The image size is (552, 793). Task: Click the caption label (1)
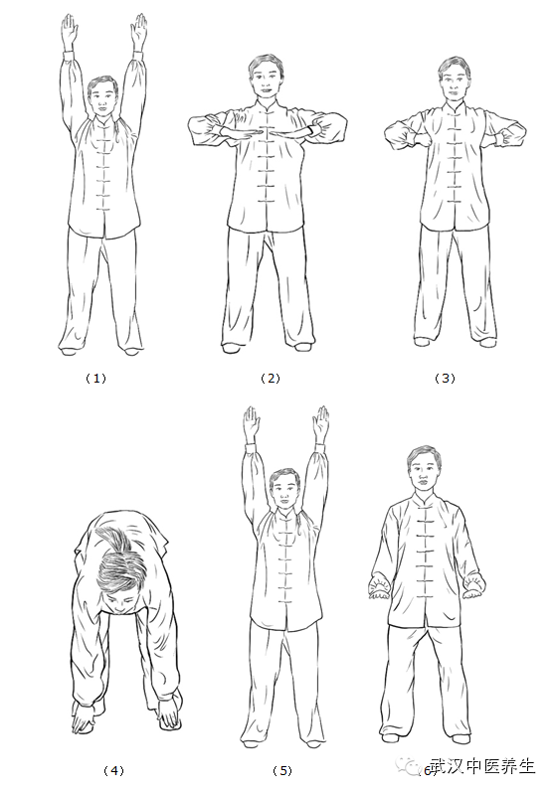pyautogui.click(x=95, y=379)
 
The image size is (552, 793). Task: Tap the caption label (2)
pyautogui.click(x=271, y=379)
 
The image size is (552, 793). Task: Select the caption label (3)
pyautogui.click(x=445, y=379)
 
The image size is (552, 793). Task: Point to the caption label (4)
pyautogui.click(x=113, y=771)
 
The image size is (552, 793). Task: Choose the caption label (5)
pyautogui.click(x=282, y=771)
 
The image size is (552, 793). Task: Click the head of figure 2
pyautogui.click(x=265, y=77)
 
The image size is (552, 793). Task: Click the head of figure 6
pyautogui.click(x=423, y=469)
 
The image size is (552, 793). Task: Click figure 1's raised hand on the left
pyautogui.click(x=70, y=32)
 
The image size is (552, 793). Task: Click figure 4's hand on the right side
pyautogui.click(x=169, y=715)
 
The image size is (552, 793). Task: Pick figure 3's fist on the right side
pyautogui.click(x=503, y=138)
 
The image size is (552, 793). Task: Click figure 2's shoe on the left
pyautogui.click(x=232, y=348)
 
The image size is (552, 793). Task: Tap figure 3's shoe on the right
pyautogui.click(x=486, y=343)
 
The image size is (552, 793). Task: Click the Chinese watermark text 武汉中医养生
pyautogui.click(x=482, y=766)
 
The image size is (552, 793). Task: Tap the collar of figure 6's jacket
pyautogui.click(x=423, y=501)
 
